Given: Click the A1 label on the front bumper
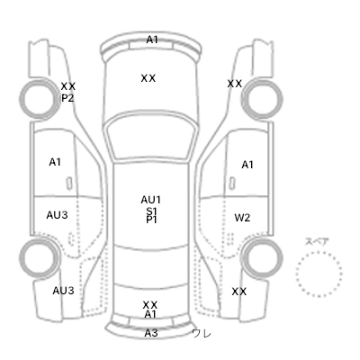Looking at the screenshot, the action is pos(152,40).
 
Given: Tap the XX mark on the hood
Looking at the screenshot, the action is pos(148,78).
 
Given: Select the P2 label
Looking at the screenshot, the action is pos(67,98).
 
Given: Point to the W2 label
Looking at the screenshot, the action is pos(242,218).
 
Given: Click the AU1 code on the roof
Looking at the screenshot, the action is pos(151,200).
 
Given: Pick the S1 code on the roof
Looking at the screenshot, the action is pos(151,211).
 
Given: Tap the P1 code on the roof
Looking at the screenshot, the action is pos(151,220).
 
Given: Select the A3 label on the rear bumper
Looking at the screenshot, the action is pos(151,333).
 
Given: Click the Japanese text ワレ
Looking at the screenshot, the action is pos(202,333).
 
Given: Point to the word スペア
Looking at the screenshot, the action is pos(317,241).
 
